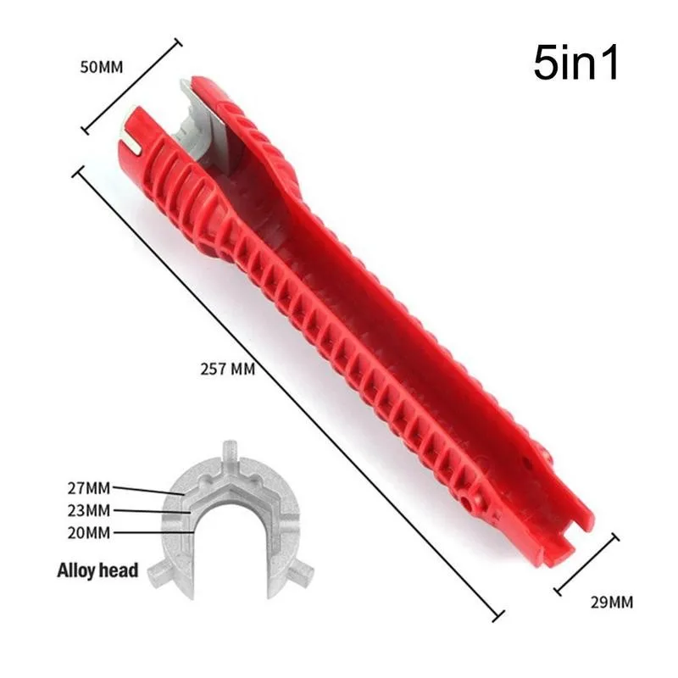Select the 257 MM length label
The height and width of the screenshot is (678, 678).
coord(227,370)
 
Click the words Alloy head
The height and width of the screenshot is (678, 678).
coord(98,570)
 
